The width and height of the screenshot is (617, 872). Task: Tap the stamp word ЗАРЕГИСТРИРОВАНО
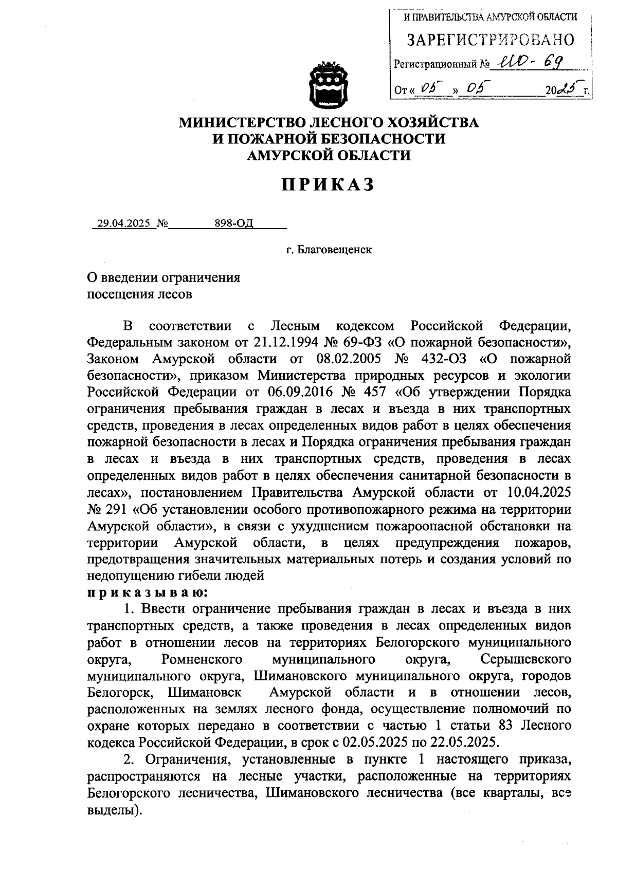pyautogui.click(x=491, y=40)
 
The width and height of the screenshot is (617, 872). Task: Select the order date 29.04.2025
pyautogui.click(x=122, y=224)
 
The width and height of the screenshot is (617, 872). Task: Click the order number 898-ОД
pyautogui.click(x=234, y=224)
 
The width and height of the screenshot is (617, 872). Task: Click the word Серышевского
pyautogui.click(x=525, y=659)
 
